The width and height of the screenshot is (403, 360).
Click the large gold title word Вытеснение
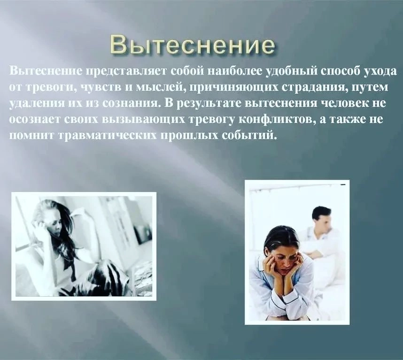(192, 46)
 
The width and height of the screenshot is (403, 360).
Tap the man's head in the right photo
(321, 219)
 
